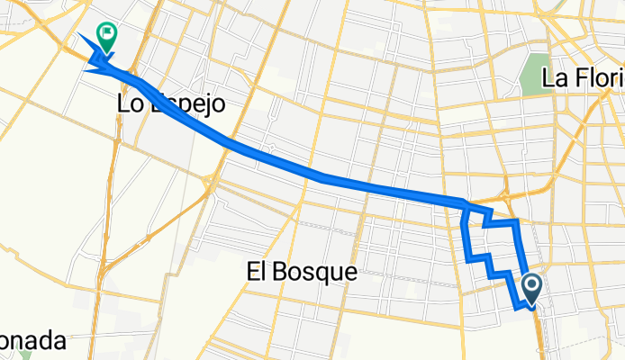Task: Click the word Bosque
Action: pos(312,270)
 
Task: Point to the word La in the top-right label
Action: pos(554,78)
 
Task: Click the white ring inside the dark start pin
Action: pos(531,287)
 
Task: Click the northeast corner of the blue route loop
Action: pos(516,220)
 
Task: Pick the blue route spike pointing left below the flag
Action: pos(87,68)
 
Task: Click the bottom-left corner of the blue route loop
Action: pos(469,259)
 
